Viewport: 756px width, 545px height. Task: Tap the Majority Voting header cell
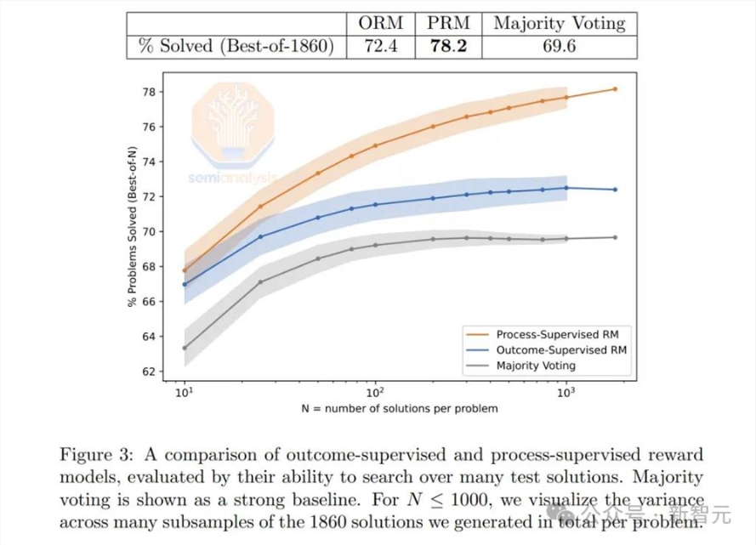click(558, 23)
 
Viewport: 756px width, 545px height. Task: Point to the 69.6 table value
click(558, 45)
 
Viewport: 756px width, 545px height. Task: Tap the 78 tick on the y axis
click(149, 92)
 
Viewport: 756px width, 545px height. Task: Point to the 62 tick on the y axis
click(149, 372)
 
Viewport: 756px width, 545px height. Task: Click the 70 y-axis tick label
click(149, 231)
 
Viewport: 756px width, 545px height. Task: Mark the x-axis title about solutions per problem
click(400, 409)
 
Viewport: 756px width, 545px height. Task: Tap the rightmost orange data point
click(615, 88)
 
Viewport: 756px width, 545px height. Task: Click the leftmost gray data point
click(185, 348)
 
